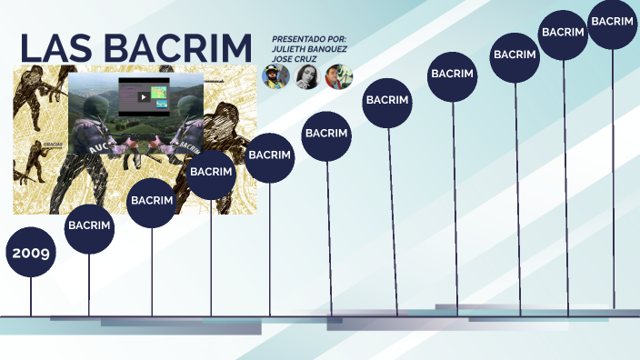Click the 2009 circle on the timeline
coord(31,252)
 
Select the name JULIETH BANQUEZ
coord(309,49)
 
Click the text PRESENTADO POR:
coord(309,39)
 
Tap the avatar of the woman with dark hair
coord(307,76)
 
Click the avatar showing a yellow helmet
coord(276,76)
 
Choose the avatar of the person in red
coord(338,76)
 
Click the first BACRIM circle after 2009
coord(89,225)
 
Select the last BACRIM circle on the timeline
coord(612,20)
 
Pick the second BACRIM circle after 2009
coord(152,200)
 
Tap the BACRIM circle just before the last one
coord(563,32)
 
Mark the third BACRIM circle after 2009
coord(212,171)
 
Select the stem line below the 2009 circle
coord(31,295)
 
